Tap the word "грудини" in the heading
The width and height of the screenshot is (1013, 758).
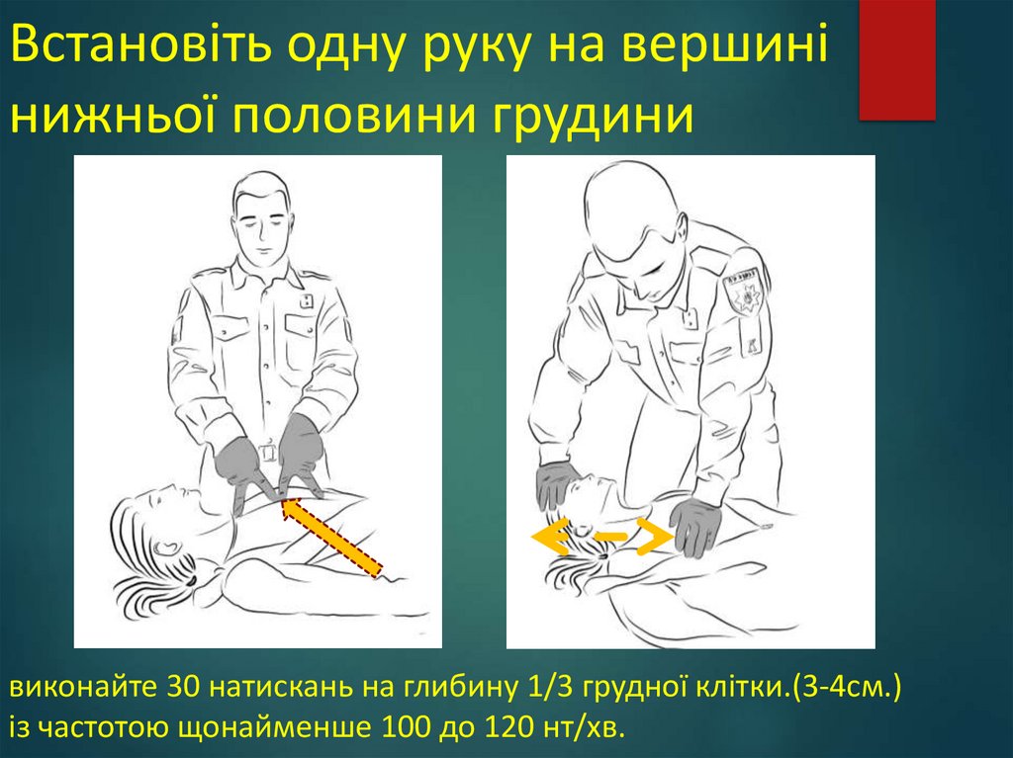click(x=594, y=117)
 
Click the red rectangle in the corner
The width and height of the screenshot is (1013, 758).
click(x=897, y=59)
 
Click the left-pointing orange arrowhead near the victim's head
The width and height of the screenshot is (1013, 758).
click(x=550, y=536)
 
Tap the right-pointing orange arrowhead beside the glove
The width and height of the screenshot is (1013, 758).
click(x=654, y=536)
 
